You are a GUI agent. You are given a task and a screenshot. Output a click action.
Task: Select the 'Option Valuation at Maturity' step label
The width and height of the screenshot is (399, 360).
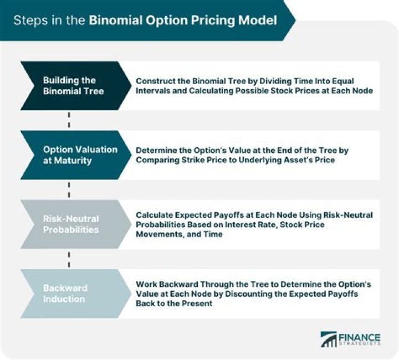80,155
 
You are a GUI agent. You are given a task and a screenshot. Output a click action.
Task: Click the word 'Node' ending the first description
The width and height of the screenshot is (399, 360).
362,91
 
